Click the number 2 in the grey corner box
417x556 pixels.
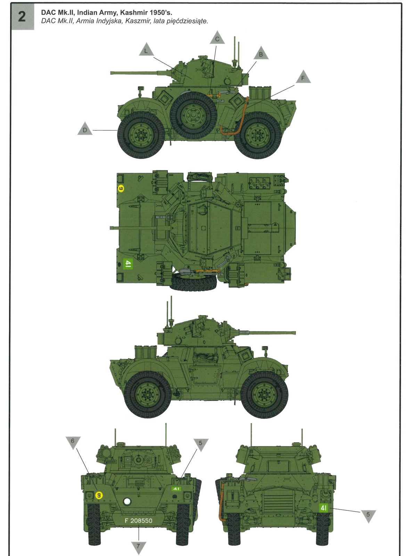tap(22, 16)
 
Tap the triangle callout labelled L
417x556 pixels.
tap(146, 49)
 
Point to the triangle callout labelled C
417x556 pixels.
tap(217, 38)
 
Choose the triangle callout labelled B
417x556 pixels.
tap(261, 53)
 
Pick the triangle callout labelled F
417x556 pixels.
tap(303, 77)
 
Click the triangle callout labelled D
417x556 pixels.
tap(85, 129)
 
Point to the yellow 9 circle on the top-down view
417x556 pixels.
tap(121, 188)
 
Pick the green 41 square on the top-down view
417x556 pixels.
tap(128, 264)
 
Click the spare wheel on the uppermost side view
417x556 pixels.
tap(194, 115)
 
